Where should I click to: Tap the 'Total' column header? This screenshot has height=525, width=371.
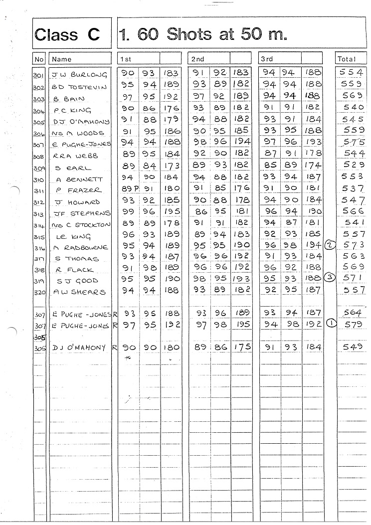tap(347, 59)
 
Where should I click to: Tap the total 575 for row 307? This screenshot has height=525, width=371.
tap(352, 142)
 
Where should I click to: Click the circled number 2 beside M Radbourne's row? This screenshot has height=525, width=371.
tap(330, 245)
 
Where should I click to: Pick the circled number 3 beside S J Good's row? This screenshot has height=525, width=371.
tap(328, 278)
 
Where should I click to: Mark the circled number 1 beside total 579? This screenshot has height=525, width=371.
tap(330, 323)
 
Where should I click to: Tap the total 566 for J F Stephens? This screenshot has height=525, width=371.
tap(352, 211)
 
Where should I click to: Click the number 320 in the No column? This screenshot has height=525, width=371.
tap(39, 293)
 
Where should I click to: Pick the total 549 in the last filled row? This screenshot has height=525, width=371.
tap(352, 347)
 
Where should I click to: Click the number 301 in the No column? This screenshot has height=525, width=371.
tap(39, 76)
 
